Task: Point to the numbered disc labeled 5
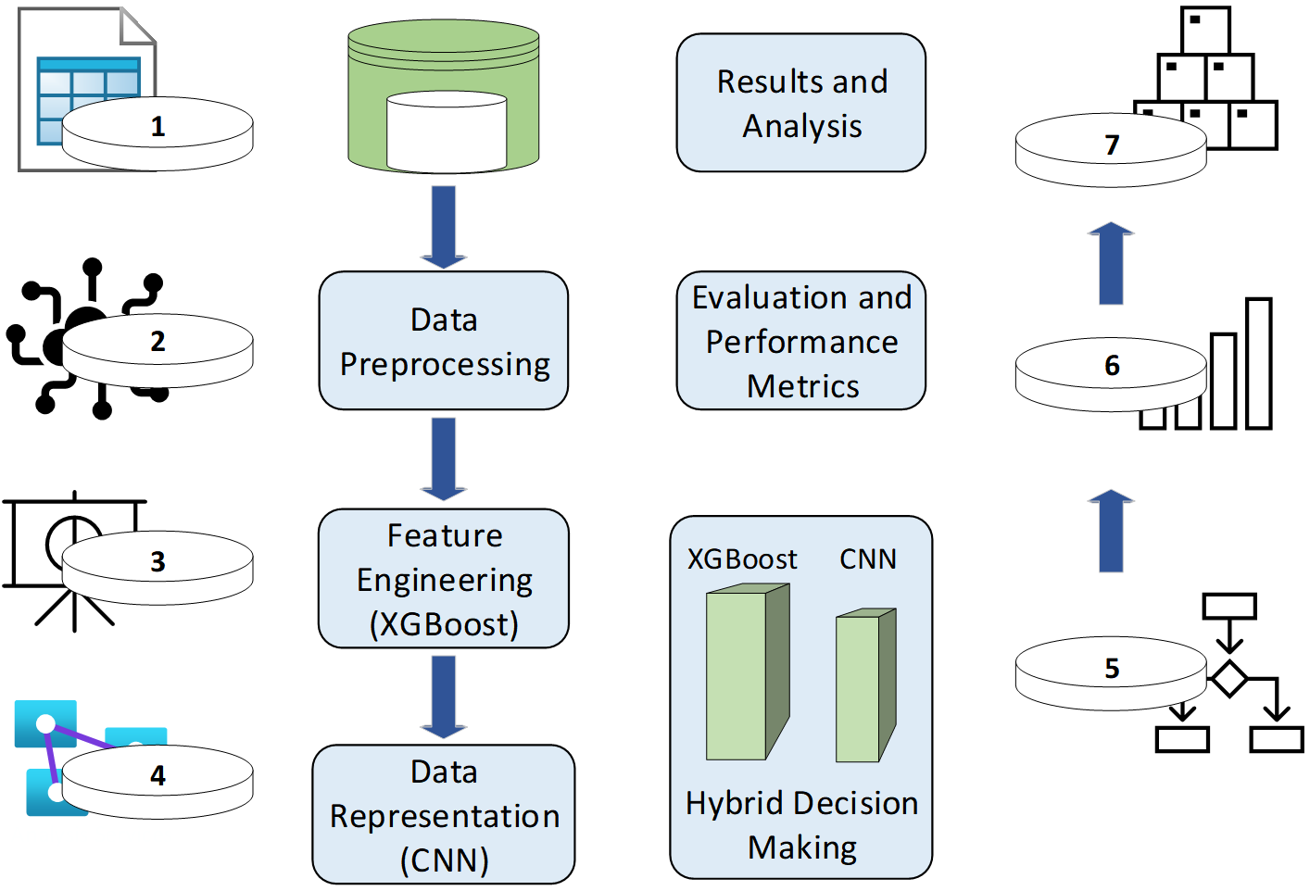click(x=1111, y=672)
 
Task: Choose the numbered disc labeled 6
click(x=1111, y=372)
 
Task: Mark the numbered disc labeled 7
click(x=1111, y=149)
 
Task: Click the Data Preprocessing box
click(x=444, y=341)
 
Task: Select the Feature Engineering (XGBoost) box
click(x=444, y=578)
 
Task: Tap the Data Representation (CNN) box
click(x=444, y=814)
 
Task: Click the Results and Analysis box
click(x=801, y=103)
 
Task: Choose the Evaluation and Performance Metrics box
click(x=801, y=341)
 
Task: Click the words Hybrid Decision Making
click(x=801, y=824)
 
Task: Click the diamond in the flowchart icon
click(x=1229, y=679)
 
